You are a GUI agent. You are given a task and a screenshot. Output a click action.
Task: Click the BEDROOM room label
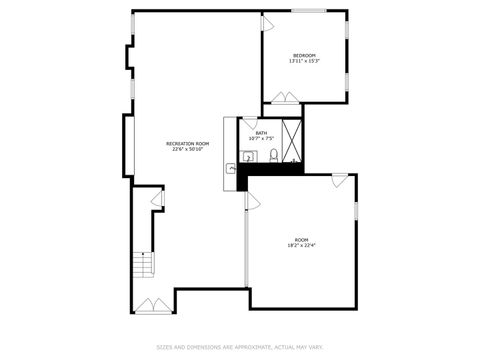pyautogui.click(x=304, y=54)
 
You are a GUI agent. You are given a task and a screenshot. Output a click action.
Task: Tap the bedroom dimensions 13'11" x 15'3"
pyautogui.click(x=304, y=61)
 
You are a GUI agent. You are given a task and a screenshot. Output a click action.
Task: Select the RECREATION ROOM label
pyautogui.click(x=187, y=144)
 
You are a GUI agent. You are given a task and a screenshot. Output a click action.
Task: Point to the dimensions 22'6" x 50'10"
pyautogui.click(x=187, y=150)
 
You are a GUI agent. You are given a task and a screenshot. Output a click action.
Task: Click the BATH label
pyautogui.click(x=261, y=132)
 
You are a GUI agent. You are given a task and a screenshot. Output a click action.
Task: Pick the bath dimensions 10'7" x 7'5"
pyautogui.click(x=261, y=138)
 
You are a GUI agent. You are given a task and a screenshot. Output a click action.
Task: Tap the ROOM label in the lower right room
pyautogui.click(x=301, y=239)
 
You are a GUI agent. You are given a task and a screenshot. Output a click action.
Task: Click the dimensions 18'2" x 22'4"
pyautogui.click(x=301, y=245)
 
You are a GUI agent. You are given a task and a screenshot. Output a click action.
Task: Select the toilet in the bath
pyautogui.click(x=271, y=155)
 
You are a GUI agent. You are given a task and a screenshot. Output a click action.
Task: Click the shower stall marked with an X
pyautogui.click(x=292, y=140)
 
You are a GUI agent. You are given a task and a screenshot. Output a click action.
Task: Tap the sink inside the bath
pyautogui.click(x=248, y=154)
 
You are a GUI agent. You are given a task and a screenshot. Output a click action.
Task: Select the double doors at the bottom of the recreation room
pyautogui.click(x=153, y=304)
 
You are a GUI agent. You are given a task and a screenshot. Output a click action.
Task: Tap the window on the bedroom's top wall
pyautogui.click(x=309, y=12)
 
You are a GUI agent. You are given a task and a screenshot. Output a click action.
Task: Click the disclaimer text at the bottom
pyautogui.click(x=240, y=347)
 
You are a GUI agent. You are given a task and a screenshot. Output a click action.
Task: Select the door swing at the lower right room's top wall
pyautogui.click(x=340, y=179)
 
